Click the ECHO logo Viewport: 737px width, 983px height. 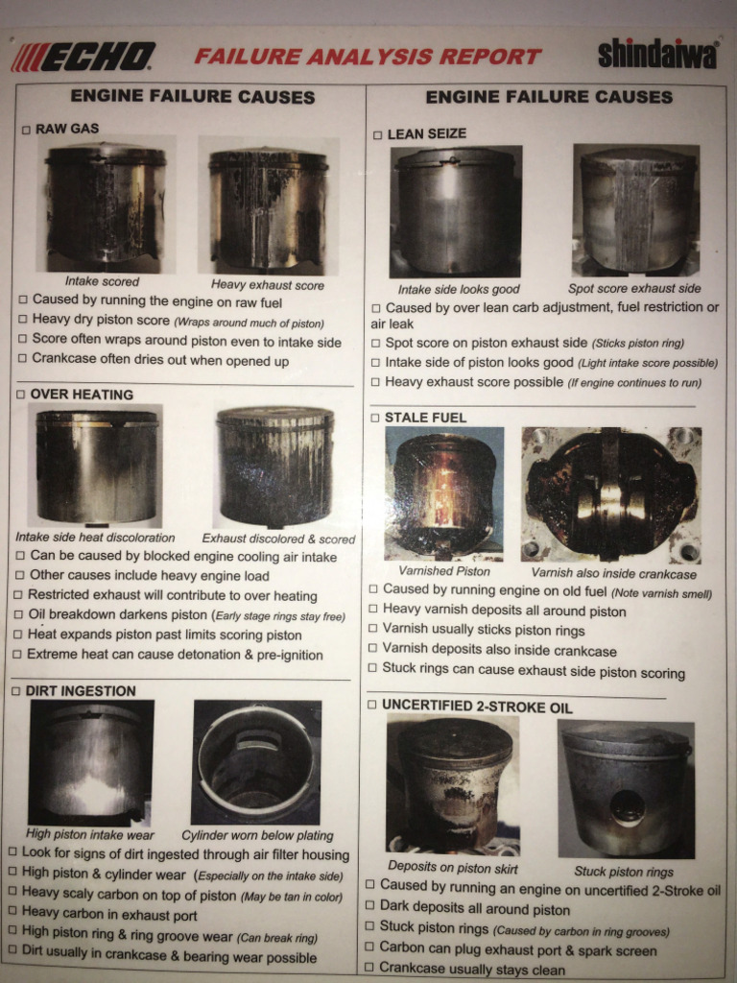coord(83,57)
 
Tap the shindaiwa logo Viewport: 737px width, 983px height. coord(657,54)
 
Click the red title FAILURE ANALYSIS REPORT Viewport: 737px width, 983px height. coord(368,57)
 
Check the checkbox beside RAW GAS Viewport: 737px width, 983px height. coord(26,130)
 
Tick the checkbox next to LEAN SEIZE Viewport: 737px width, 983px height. coord(377,134)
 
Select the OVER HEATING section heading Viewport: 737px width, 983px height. coord(82,395)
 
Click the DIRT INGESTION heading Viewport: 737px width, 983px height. coord(81,691)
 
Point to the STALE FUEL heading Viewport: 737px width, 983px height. coord(425,418)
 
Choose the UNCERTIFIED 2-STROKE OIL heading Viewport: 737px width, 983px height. coord(477,706)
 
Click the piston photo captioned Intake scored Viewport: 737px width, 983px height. coord(105,204)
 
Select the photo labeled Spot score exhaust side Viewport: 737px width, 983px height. coord(635,210)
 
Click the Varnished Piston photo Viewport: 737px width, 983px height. coord(443,493)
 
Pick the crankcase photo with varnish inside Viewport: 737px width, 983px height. coord(611,495)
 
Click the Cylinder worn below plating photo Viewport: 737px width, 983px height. coord(256,762)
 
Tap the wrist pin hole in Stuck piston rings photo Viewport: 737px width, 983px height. coord(628,808)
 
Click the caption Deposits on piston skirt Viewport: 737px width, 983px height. coord(453,868)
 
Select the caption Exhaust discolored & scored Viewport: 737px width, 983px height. coord(278,539)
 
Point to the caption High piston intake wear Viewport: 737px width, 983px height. coord(89,834)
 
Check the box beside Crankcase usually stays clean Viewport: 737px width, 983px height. coord(369,967)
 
